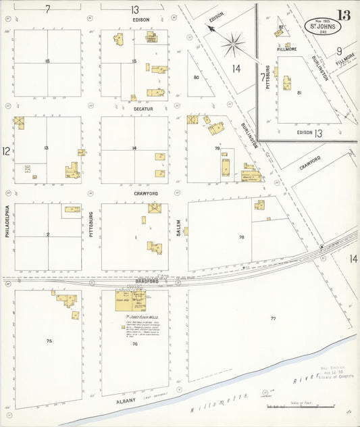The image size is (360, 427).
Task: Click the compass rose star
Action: pyautogui.click(x=233, y=45)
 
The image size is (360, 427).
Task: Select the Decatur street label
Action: pyautogui.click(x=143, y=108)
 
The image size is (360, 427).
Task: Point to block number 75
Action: pyautogui.click(x=49, y=341)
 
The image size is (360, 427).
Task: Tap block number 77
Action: pyautogui.click(x=273, y=318)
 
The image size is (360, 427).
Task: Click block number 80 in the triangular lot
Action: pyautogui.click(x=196, y=78)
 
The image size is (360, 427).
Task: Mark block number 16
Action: pyautogui.click(x=47, y=61)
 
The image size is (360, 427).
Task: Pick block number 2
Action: pyautogui.click(x=48, y=234)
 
